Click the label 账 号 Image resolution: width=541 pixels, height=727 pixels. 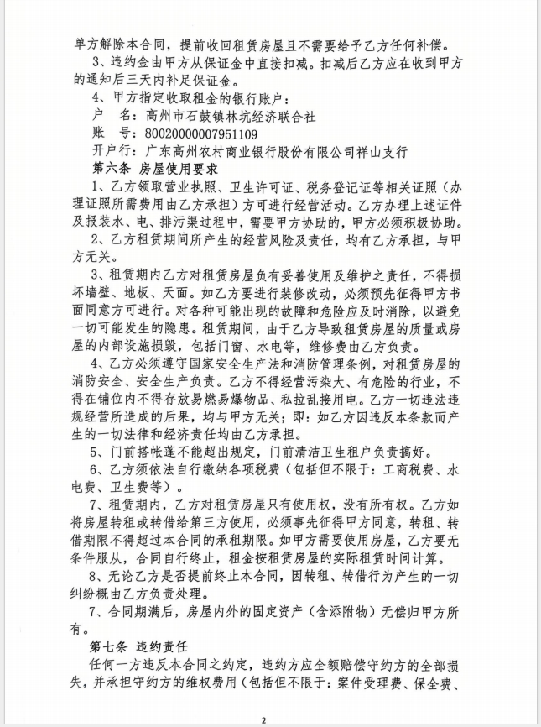click(x=110, y=133)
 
